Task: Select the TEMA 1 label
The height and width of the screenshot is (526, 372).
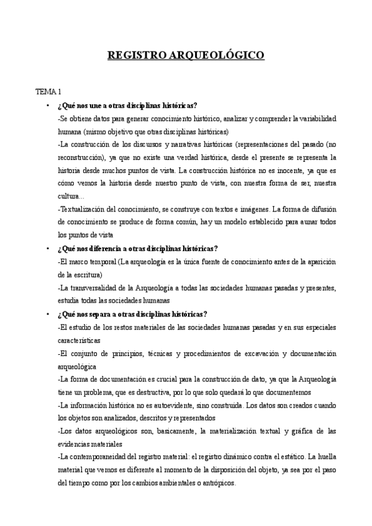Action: (48, 91)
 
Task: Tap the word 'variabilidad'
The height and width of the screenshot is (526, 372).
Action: (313, 118)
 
